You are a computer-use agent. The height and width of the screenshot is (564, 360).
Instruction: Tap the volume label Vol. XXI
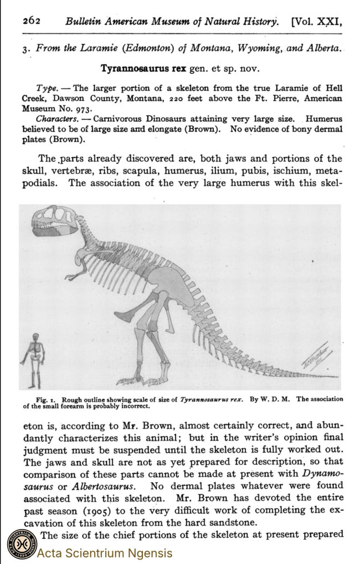316,22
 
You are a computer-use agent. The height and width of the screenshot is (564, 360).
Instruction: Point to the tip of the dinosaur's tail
336,376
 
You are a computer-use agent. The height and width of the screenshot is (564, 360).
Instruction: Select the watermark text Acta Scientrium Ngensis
105,552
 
